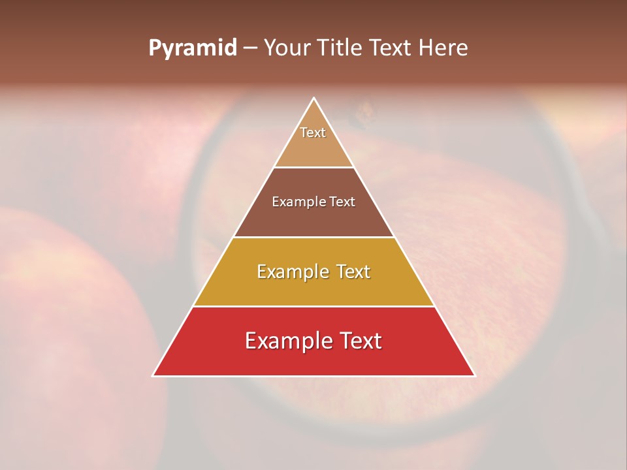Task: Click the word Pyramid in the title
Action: (192, 48)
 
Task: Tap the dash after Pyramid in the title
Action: (250, 48)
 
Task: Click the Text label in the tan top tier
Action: (313, 133)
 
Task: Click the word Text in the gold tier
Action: (353, 272)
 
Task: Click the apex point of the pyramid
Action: (314, 99)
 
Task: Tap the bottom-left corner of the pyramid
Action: (153, 375)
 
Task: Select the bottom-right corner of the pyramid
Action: (475, 375)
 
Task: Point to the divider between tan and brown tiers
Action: (314, 167)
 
